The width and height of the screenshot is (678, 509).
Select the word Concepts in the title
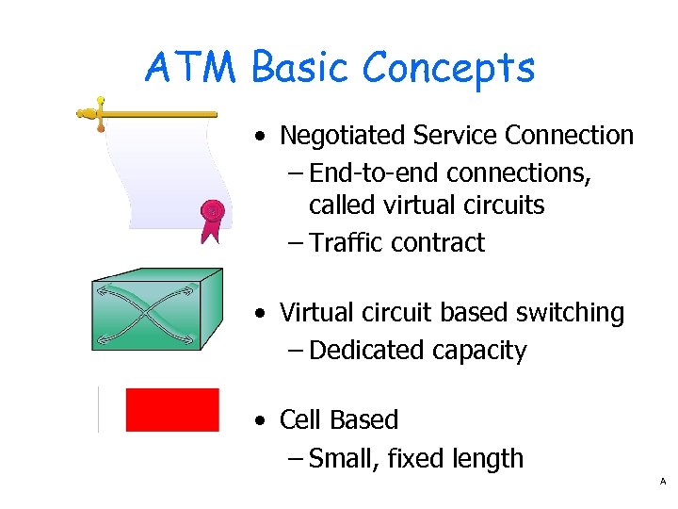448,68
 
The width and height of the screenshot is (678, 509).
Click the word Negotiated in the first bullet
342,136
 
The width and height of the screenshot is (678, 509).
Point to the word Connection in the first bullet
569,136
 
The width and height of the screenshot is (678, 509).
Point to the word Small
339,459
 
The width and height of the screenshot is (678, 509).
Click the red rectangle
172,410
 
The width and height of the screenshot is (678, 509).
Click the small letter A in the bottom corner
663,482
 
